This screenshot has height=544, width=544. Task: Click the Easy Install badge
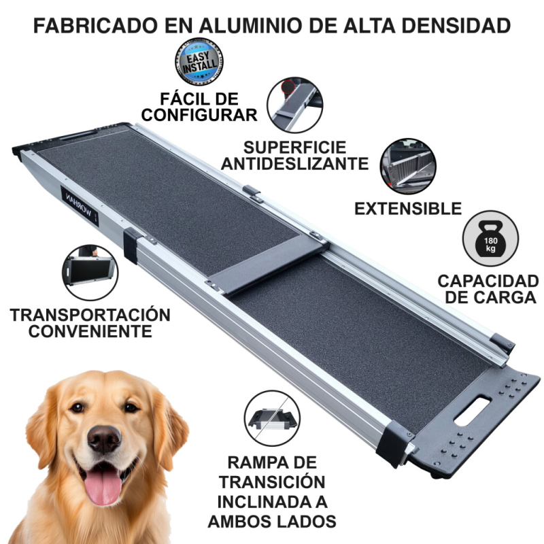click(x=199, y=62)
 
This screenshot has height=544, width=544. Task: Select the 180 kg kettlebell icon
click(x=490, y=239)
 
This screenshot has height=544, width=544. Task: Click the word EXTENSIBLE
click(x=408, y=209)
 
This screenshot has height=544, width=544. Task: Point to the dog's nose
click(x=104, y=439)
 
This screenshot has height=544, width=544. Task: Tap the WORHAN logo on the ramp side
click(x=80, y=207)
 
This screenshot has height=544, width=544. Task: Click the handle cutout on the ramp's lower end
click(x=472, y=411)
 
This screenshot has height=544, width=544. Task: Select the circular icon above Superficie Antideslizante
click(x=295, y=105)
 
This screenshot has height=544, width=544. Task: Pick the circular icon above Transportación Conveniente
click(x=90, y=273)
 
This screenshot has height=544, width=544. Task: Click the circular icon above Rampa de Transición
click(x=272, y=418)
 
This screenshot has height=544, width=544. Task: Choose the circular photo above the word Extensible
click(x=408, y=166)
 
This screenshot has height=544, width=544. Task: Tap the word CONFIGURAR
click(x=199, y=115)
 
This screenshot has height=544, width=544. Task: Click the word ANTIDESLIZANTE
click(x=294, y=164)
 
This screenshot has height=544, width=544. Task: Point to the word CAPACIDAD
click(x=488, y=281)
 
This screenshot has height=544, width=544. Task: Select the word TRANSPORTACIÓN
click(x=90, y=315)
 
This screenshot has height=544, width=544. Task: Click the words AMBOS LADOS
click(x=272, y=522)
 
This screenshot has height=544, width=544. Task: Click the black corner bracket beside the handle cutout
click(x=395, y=443)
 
